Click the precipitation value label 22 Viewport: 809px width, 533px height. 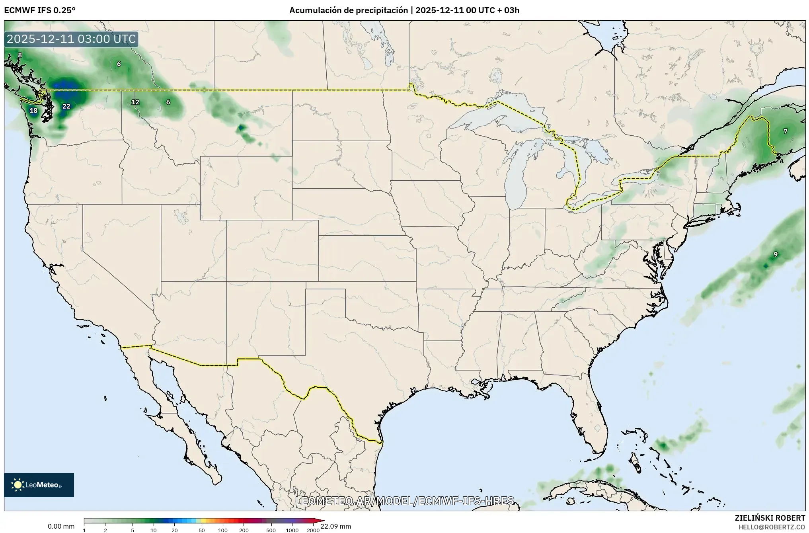(x=66, y=106)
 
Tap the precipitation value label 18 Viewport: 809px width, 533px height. (x=33, y=111)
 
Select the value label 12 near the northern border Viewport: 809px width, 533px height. (x=135, y=102)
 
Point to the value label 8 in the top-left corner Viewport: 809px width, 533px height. (x=20, y=55)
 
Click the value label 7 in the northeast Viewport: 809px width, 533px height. (x=785, y=131)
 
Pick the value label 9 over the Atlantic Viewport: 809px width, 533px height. (x=775, y=254)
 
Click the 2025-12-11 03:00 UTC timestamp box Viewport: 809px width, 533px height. (x=71, y=39)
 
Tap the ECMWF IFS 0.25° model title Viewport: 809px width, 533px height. (x=40, y=10)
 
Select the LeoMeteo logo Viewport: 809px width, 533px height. (x=39, y=485)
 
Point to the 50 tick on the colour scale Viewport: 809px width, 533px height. (x=202, y=530)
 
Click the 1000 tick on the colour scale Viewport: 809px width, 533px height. (x=292, y=530)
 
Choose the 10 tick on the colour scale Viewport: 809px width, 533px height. (x=154, y=530)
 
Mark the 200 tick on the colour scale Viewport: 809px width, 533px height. (x=244, y=530)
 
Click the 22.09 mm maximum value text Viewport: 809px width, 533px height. (x=335, y=526)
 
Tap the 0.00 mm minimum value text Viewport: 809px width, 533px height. (x=61, y=526)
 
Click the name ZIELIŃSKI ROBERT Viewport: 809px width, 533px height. (x=770, y=518)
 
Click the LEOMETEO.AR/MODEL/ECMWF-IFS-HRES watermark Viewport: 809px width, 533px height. (x=404, y=500)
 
